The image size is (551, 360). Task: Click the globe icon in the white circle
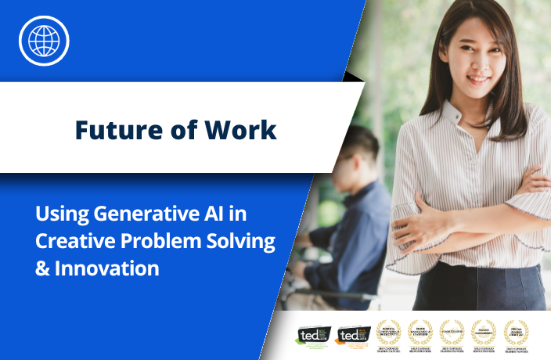coord(44,40)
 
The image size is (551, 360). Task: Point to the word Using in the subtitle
coord(62,214)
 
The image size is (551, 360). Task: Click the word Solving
coord(243,241)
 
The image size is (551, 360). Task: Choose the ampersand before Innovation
coord(42,268)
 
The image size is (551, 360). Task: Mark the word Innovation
coord(107,268)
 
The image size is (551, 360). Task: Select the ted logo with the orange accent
coord(351,334)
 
